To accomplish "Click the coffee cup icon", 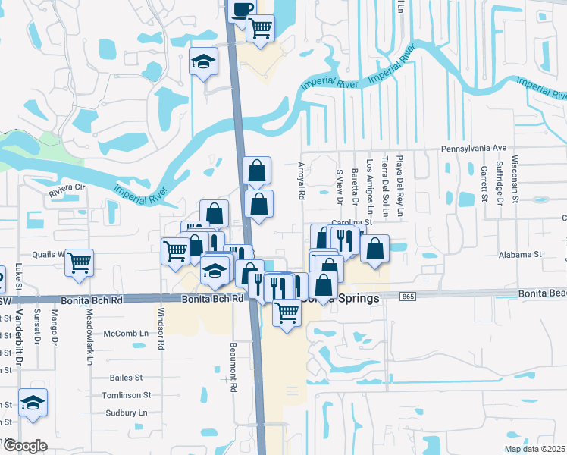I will click(x=242, y=10).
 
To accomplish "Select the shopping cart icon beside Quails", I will click(x=79, y=262).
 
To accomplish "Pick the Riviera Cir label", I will click(x=67, y=187).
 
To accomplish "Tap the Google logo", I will click(x=25, y=446).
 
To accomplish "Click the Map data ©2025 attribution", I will click(x=534, y=449).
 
